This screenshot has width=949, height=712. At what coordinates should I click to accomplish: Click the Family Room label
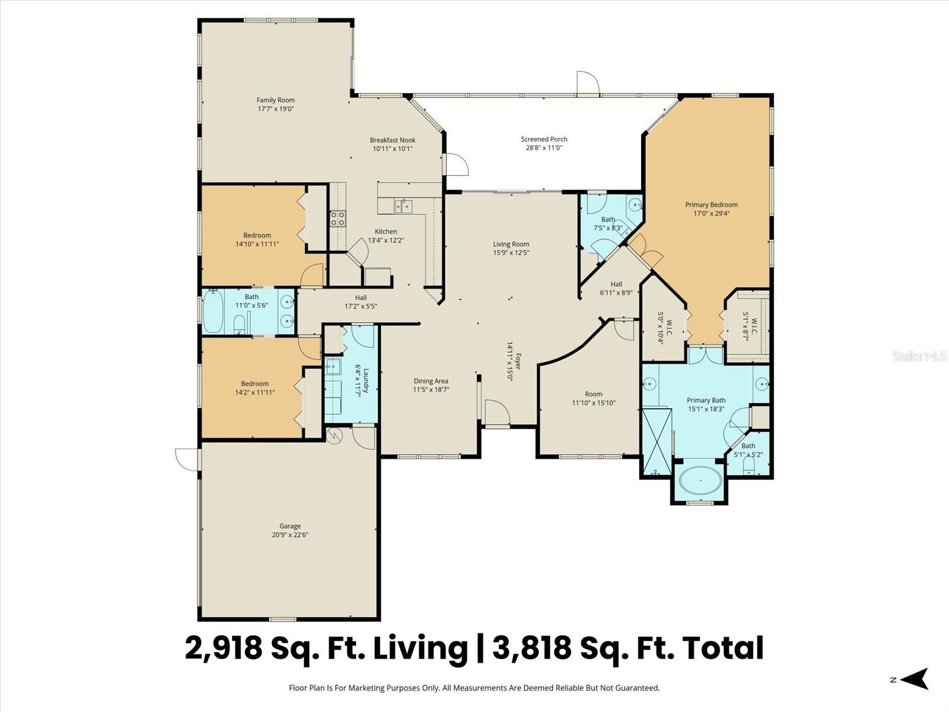(275, 100)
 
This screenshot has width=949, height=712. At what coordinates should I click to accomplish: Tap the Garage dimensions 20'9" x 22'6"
(290, 535)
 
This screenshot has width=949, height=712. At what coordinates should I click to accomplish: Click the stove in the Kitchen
(338, 218)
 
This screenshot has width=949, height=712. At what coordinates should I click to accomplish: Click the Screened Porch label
(544, 139)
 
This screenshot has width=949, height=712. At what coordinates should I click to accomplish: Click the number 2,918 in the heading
(224, 647)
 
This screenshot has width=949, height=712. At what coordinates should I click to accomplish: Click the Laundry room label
(366, 381)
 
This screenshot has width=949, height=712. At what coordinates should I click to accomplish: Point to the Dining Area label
(431, 382)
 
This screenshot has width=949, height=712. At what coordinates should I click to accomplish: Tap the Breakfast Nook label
(392, 141)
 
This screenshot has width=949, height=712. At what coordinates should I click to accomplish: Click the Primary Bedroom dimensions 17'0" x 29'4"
(711, 214)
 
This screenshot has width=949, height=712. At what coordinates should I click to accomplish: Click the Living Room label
(511, 244)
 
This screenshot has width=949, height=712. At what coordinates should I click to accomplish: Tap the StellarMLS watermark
(919, 357)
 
